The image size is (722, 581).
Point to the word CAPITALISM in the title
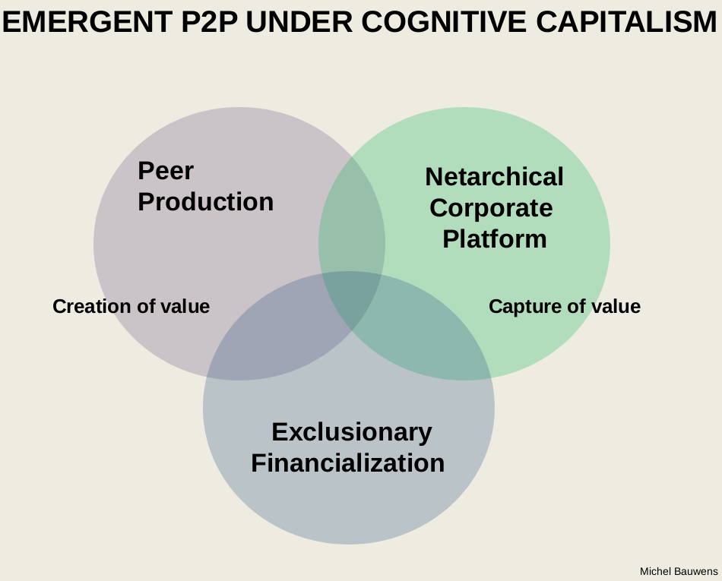click(626, 23)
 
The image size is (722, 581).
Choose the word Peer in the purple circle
click(166, 171)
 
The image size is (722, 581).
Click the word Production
click(205, 202)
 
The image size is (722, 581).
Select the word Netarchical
click(494, 177)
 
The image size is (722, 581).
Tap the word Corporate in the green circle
click(491, 208)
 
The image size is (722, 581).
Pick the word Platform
click(494, 239)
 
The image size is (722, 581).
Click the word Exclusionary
click(351, 432)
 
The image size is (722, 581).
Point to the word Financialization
click(347, 463)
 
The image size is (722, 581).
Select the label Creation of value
click(131, 307)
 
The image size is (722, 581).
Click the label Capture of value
click(564, 307)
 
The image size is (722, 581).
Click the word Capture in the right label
click(518, 307)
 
